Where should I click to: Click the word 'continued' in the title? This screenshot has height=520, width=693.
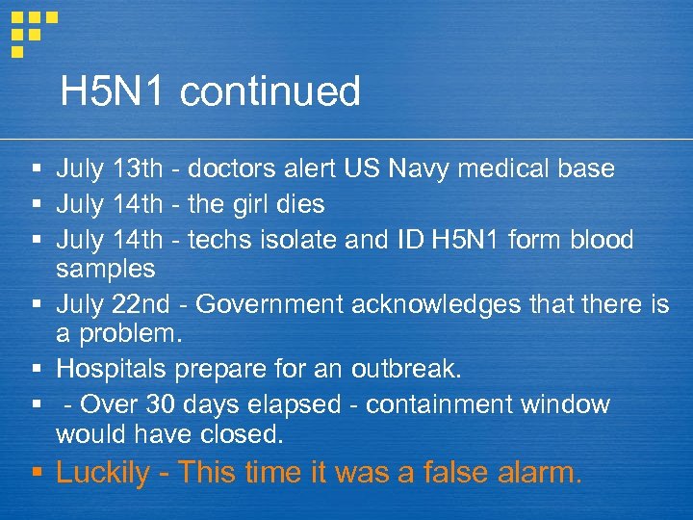click(x=269, y=92)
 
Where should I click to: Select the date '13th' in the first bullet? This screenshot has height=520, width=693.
click(x=138, y=169)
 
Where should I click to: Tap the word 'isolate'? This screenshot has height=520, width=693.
click(x=292, y=239)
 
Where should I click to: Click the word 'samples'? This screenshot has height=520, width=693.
click(x=105, y=268)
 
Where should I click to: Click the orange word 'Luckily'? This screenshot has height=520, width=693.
click(x=103, y=474)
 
